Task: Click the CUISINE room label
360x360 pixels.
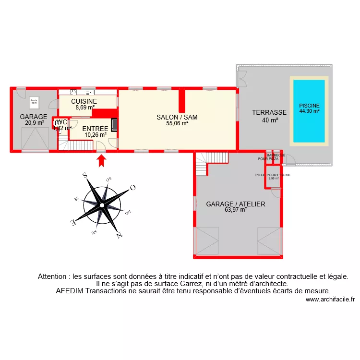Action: click(84, 101)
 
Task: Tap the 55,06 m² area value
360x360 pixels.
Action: click(177, 123)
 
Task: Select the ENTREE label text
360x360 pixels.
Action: click(95, 129)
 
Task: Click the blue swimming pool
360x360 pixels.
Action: click(309, 111)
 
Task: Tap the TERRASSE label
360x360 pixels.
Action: click(269, 113)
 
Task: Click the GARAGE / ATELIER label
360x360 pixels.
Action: click(236, 204)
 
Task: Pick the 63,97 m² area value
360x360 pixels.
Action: click(236, 210)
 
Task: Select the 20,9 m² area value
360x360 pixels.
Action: click(34, 123)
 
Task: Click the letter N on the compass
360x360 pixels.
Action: click(119, 235)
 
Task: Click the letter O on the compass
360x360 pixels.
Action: click(133, 188)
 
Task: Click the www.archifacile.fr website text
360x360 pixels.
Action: click(330, 299)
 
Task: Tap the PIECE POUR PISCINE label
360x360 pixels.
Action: click(273, 175)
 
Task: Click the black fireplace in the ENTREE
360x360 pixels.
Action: click(114, 124)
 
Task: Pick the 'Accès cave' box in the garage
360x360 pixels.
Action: click(34, 102)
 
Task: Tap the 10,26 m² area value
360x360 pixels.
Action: click(95, 135)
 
